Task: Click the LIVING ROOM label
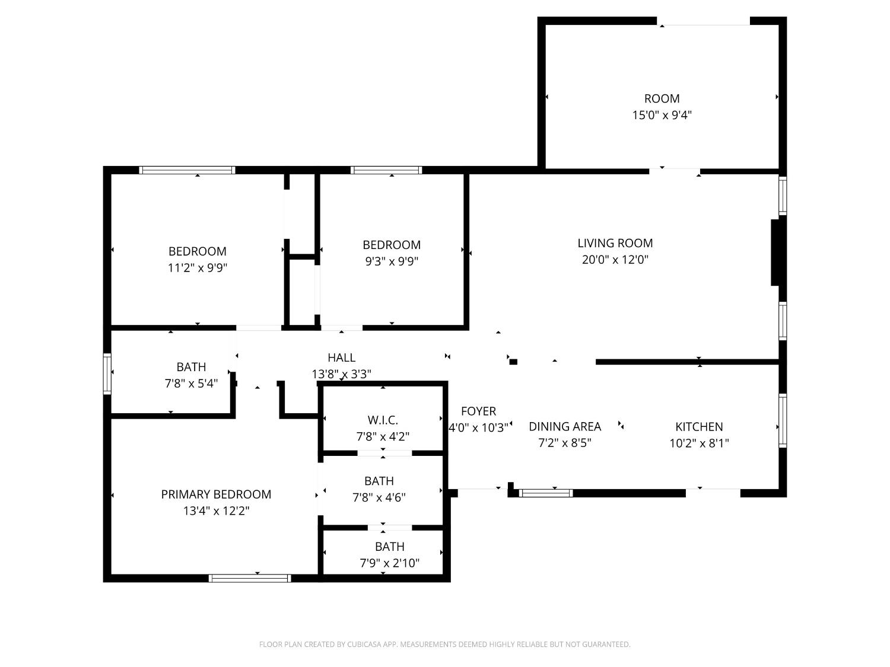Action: coord(615,243)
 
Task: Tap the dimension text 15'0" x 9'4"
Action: coord(662,115)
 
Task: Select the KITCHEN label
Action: coord(699,427)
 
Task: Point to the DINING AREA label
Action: coord(564,427)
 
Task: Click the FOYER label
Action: coord(478,411)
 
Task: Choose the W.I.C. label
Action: coord(383,420)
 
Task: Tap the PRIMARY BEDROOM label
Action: coord(216,494)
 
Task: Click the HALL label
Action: coord(341,358)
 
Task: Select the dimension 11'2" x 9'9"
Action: coord(198,268)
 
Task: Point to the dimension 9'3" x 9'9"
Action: coord(392,261)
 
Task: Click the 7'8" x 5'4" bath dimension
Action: coord(191,384)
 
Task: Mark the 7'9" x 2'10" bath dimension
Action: coord(389,563)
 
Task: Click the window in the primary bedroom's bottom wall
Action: coord(250,578)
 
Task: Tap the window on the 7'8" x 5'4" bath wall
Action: coord(107,374)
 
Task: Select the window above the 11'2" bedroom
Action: coord(187,170)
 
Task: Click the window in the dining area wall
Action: coord(546,493)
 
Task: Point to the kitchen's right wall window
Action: coord(783,420)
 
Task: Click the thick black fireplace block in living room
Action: coord(775,253)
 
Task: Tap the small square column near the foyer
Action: coord(513,362)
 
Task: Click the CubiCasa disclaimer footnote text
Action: coord(444,644)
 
